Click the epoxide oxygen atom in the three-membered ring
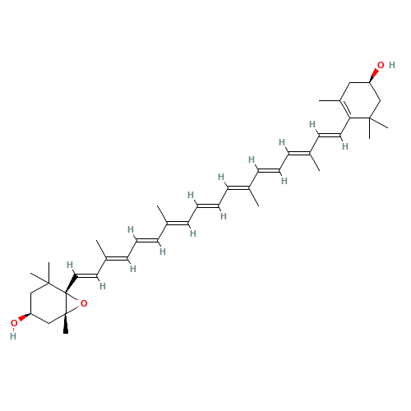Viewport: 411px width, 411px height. [84, 303]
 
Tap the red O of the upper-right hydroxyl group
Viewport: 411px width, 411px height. [381, 65]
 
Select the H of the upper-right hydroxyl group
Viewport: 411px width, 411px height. [392, 65]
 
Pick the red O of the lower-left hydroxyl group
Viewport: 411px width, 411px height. [14, 323]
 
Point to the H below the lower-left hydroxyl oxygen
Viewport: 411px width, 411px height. [13, 336]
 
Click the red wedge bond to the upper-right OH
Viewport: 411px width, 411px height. [373, 76]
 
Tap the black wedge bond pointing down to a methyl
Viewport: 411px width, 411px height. [66, 323]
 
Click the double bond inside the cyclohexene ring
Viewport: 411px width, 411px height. [345, 109]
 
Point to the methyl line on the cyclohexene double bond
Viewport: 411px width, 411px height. [330, 100]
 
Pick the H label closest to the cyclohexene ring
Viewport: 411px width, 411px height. [345, 146]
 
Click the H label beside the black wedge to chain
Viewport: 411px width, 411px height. [70, 265]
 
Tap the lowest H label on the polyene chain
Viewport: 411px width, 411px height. [103, 286]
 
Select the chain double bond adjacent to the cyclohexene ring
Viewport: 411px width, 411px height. [330, 136]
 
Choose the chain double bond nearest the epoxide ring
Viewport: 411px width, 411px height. [87, 275]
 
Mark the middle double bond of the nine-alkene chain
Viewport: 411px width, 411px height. [208, 205]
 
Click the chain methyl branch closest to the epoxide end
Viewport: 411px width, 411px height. [101, 249]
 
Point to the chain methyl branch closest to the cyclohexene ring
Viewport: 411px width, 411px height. [315, 162]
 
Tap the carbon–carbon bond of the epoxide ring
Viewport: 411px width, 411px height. [66, 303]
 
